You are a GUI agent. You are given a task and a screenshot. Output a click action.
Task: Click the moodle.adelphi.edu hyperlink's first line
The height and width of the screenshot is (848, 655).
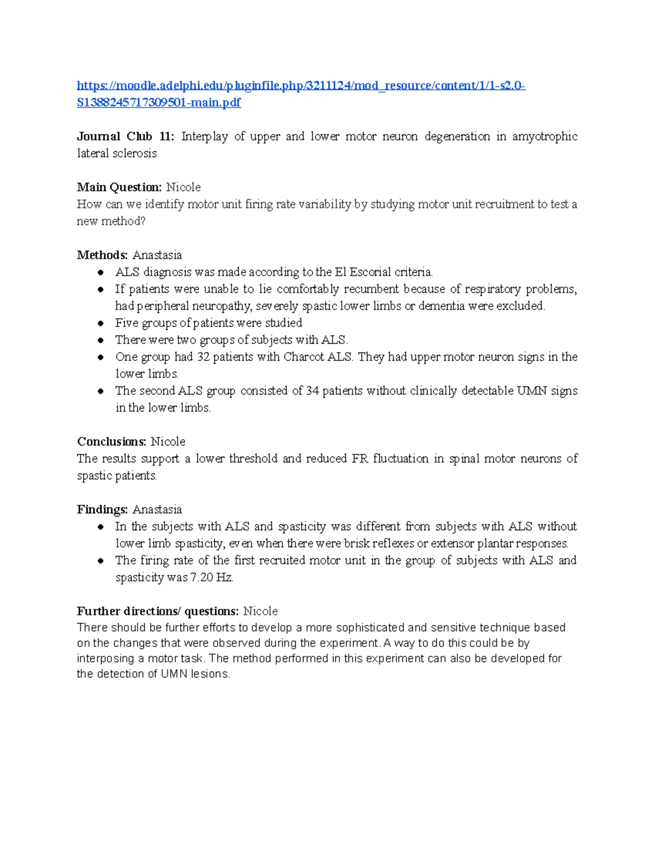[x=301, y=86]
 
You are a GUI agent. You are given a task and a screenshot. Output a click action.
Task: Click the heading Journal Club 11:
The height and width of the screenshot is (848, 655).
[x=126, y=137]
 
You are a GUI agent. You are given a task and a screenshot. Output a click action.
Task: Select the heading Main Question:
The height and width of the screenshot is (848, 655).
[x=119, y=187]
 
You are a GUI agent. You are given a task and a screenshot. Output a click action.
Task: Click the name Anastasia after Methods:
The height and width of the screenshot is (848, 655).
[x=157, y=255]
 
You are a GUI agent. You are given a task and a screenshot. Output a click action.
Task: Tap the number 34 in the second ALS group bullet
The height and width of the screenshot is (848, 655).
[x=312, y=391]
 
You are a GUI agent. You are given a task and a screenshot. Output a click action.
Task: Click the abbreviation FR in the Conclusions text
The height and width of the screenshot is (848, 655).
[x=360, y=459]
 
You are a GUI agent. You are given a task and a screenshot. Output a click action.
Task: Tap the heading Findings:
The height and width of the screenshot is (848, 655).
[x=103, y=509]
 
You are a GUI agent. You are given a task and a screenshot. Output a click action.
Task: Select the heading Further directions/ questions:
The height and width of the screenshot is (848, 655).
[x=158, y=611]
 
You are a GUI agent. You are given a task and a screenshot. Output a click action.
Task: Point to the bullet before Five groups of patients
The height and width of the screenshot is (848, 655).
[x=100, y=323]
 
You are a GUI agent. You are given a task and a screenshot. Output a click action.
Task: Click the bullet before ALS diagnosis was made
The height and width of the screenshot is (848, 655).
[x=100, y=272]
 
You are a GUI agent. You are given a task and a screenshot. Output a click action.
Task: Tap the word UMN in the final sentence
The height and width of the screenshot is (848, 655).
[x=174, y=674]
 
